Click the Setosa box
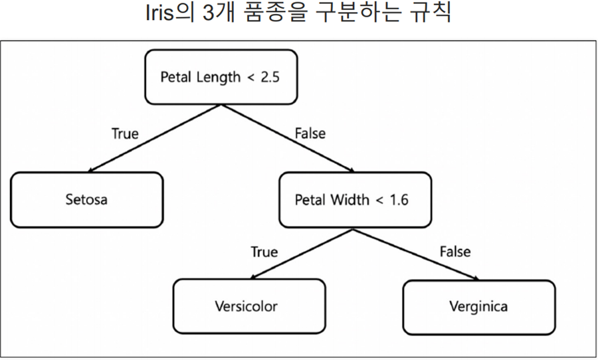point(86,199)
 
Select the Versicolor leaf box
point(249,306)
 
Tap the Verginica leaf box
point(478,307)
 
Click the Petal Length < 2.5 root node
point(220,76)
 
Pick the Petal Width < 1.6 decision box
point(352,200)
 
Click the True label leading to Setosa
point(125,134)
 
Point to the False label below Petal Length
point(310,134)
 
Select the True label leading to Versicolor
point(264,252)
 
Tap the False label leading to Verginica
point(454,252)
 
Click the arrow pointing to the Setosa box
point(153,139)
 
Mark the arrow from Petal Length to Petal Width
point(286,138)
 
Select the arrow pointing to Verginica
point(415,255)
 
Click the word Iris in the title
point(162,13)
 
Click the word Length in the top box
point(219,76)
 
